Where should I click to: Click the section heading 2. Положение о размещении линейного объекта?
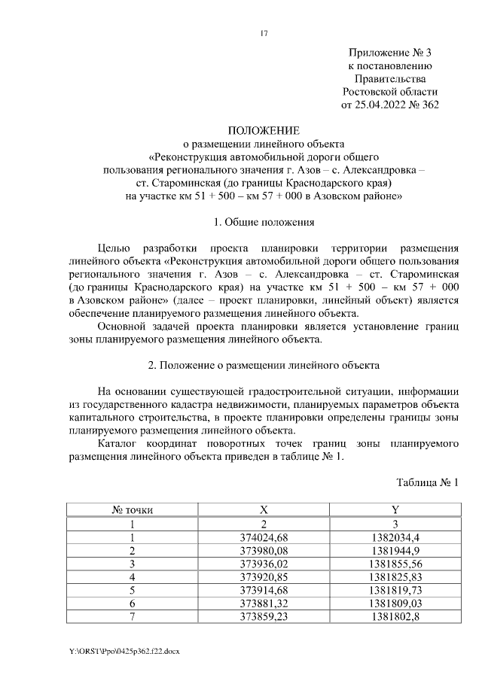264,365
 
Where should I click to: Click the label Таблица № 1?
427,482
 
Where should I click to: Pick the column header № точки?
133,510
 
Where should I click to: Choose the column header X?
264,510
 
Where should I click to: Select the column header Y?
395,510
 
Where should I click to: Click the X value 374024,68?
264,537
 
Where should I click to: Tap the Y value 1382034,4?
395,537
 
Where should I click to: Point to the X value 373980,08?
264,550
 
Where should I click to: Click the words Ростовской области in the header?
389,92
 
